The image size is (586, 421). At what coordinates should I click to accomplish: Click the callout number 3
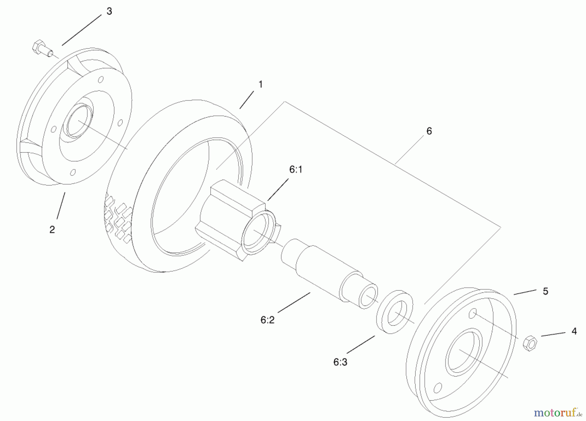tap(109, 11)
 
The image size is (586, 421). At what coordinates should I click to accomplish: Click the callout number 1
tap(260, 85)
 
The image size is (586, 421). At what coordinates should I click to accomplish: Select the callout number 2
tap(52, 230)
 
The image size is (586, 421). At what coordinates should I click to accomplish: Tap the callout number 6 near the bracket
tap(429, 131)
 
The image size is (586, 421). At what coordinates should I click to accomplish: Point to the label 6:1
tap(296, 170)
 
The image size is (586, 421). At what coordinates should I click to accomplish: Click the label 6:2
tap(267, 320)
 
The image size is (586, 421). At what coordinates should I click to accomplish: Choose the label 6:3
tap(340, 362)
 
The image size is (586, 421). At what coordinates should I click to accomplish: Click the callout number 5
tap(546, 291)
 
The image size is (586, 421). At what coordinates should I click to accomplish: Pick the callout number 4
tap(574, 331)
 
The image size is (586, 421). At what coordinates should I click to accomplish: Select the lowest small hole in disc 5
tap(438, 388)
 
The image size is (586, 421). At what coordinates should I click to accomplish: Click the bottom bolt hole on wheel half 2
tap(73, 172)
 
